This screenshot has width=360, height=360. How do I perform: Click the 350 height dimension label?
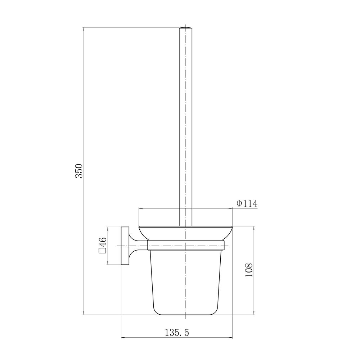(x=79, y=171)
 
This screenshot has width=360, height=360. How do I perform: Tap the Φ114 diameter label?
(x=247, y=203)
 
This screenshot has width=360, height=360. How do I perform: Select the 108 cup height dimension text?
(x=249, y=270)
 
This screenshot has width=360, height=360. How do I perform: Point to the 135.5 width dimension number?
(x=177, y=332)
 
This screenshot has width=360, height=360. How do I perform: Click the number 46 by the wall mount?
(x=103, y=242)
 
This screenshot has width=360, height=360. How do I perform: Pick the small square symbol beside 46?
(x=102, y=251)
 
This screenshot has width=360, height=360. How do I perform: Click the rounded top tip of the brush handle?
(x=185, y=28)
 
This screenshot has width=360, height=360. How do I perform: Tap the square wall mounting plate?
(x=125, y=246)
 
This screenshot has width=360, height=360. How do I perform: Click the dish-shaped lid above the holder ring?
(x=185, y=233)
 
